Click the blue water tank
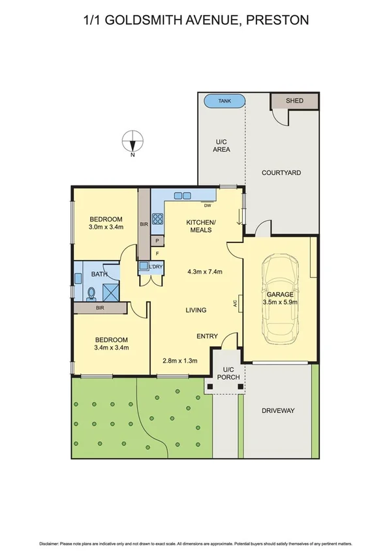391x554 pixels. pyautogui.click(x=224, y=101)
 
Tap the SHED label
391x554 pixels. pyautogui.click(x=294, y=101)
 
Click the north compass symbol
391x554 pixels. pyautogui.click(x=133, y=142)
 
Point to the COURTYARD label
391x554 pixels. pyautogui.click(x=281, y=172)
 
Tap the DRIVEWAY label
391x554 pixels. pyautogui.click(x=278, y=410)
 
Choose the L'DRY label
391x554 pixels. pyautogui.click(x=156, y=267)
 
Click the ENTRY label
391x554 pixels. pyautogui.click(x=207, y=336)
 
